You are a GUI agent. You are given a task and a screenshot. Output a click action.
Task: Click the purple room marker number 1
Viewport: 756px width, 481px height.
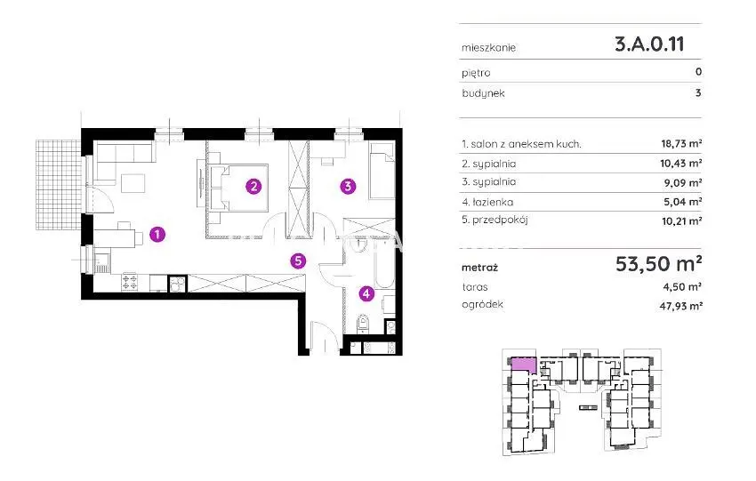click(157, 235)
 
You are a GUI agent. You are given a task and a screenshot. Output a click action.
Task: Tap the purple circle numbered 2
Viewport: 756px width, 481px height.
click(253, 186)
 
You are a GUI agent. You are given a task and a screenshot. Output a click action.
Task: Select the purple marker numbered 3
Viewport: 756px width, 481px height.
click(348, 186)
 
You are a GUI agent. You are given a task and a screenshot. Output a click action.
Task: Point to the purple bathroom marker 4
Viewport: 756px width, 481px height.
click(366, 293)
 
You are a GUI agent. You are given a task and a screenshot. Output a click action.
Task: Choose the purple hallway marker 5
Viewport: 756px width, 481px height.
click(298, 261)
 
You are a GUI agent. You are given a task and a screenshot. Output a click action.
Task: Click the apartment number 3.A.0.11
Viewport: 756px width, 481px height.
click(649, 44)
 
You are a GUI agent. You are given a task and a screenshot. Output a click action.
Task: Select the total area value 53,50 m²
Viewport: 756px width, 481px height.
click(658, 264)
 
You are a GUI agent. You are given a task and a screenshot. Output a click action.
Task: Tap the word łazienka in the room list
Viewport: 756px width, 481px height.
click(492, 202)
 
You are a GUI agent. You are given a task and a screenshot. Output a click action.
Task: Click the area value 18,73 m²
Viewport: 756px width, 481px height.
click(681, 143)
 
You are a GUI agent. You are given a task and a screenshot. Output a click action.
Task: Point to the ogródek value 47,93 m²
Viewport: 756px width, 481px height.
click(680, 305)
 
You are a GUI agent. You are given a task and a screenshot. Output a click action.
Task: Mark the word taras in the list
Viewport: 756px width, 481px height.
click(475, 287)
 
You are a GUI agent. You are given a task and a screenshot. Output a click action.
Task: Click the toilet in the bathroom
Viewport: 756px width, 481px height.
click(363, 324)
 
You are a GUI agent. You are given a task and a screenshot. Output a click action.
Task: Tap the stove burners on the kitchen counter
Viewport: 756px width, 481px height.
click(130, 282)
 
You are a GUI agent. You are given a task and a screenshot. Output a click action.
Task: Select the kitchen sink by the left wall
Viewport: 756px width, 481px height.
click(101, 263)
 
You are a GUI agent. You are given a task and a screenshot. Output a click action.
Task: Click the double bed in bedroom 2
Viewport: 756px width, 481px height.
click(238, 188)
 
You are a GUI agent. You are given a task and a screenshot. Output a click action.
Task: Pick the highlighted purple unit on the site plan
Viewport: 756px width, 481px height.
click(522, 364)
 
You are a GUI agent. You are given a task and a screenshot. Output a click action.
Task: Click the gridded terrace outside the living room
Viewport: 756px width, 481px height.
click(59, 185)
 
